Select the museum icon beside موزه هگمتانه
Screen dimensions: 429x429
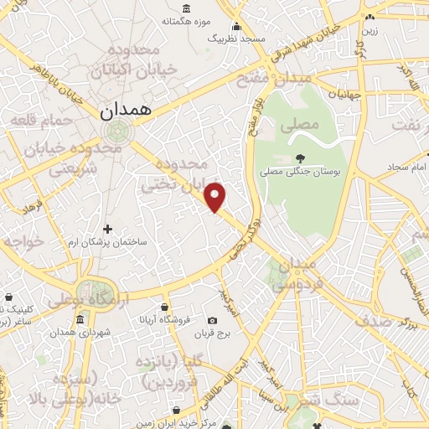tap(186, 9)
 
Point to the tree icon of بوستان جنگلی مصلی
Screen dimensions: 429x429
tap(300, 157)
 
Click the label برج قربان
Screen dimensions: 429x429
tap(213, 335)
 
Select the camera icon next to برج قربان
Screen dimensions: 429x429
tap(213, 321)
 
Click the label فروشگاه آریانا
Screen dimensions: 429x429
tap(165, 320)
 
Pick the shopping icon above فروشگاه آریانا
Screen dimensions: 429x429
tap(165, 307)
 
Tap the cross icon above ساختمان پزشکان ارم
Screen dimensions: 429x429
tap(107, 229)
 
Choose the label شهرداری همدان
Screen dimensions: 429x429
tap(80, 333)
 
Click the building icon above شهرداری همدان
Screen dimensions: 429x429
tap(80, 320)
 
